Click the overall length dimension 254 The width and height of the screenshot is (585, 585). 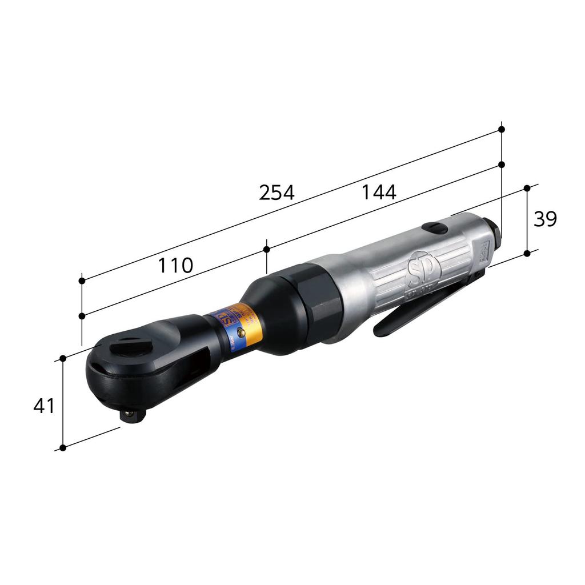click(x=277, y=193)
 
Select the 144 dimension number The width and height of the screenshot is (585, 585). click(x=378, y=193)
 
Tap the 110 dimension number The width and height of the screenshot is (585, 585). click(x=175, y=265)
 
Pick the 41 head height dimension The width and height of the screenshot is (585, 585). click(x=44, y=406)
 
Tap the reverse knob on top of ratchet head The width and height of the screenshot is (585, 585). click(x=127, y=346)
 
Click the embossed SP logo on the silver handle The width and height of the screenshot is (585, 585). click(x=418, y=268)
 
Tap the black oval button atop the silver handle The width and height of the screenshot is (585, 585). click(x=435, y=228)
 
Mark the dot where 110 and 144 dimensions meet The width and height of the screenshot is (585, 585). click(x=267, y=249)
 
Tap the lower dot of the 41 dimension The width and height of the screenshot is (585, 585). click(x=63, y=447)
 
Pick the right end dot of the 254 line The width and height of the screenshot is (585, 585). click(x=502, y=130)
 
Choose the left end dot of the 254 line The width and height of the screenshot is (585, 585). click(x=82, y=281)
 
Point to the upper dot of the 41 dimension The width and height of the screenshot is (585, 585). click(x=63, y=358)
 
